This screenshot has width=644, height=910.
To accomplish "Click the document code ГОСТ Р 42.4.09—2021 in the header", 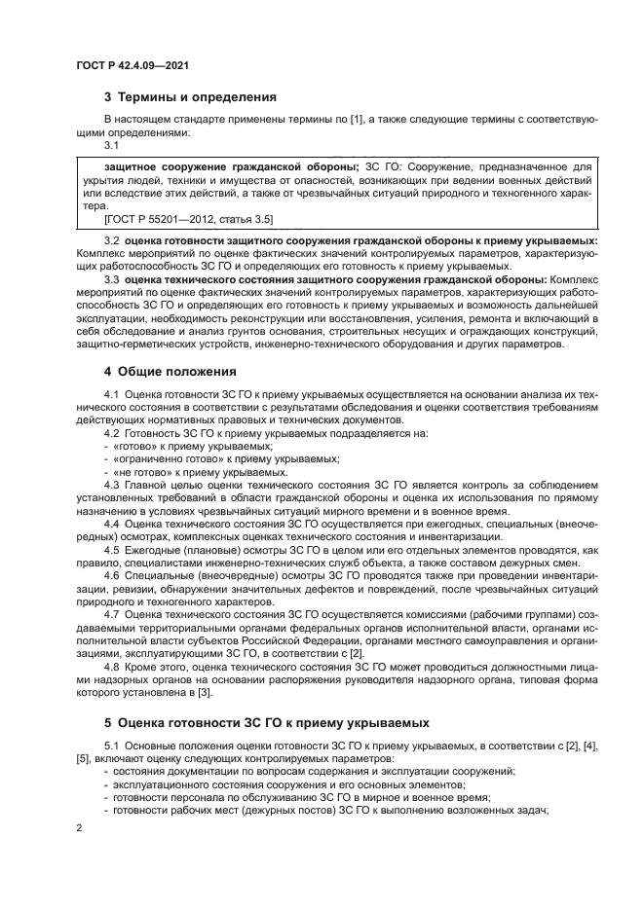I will coord(131,64).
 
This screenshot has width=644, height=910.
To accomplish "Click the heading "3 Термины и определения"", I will coord(190,96).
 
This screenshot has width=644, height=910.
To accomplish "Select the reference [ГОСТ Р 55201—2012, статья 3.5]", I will coord(182,219).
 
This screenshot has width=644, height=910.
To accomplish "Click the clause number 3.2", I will coord(112,239).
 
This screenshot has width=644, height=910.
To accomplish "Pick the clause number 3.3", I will coord(112,279).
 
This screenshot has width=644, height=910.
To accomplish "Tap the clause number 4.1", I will coord(112,393).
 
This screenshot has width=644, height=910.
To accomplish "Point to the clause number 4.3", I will coord(112,483).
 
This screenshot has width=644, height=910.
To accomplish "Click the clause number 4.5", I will coord(112,548).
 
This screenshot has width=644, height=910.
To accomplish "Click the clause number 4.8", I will coord(112,667).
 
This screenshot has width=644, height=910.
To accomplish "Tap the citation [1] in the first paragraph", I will coord(358,119).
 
